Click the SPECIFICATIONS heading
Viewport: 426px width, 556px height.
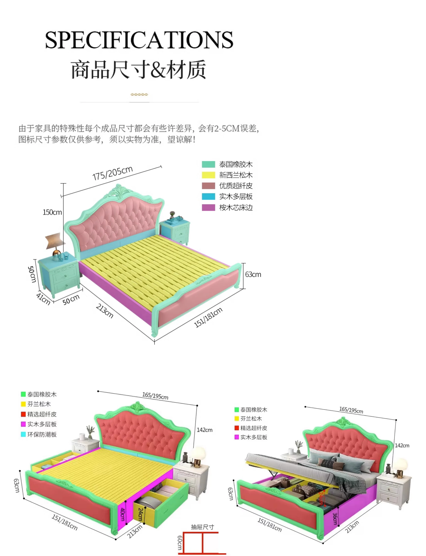139,40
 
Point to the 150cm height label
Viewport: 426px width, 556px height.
52,212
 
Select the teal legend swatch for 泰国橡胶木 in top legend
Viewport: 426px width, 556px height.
208,164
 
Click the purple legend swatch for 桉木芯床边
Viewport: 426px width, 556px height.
208,207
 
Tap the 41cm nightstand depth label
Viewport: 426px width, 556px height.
43,299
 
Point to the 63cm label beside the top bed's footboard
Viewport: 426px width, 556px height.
253,274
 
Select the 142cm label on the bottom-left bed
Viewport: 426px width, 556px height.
204,430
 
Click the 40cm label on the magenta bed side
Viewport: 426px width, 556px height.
123,514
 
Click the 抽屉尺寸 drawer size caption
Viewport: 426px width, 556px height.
202,527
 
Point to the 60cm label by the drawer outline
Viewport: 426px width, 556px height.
180,543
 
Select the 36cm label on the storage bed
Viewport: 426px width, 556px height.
335,519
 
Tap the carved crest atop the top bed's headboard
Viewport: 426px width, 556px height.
118,191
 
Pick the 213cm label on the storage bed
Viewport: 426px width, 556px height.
352,527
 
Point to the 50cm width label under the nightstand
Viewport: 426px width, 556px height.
71,300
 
